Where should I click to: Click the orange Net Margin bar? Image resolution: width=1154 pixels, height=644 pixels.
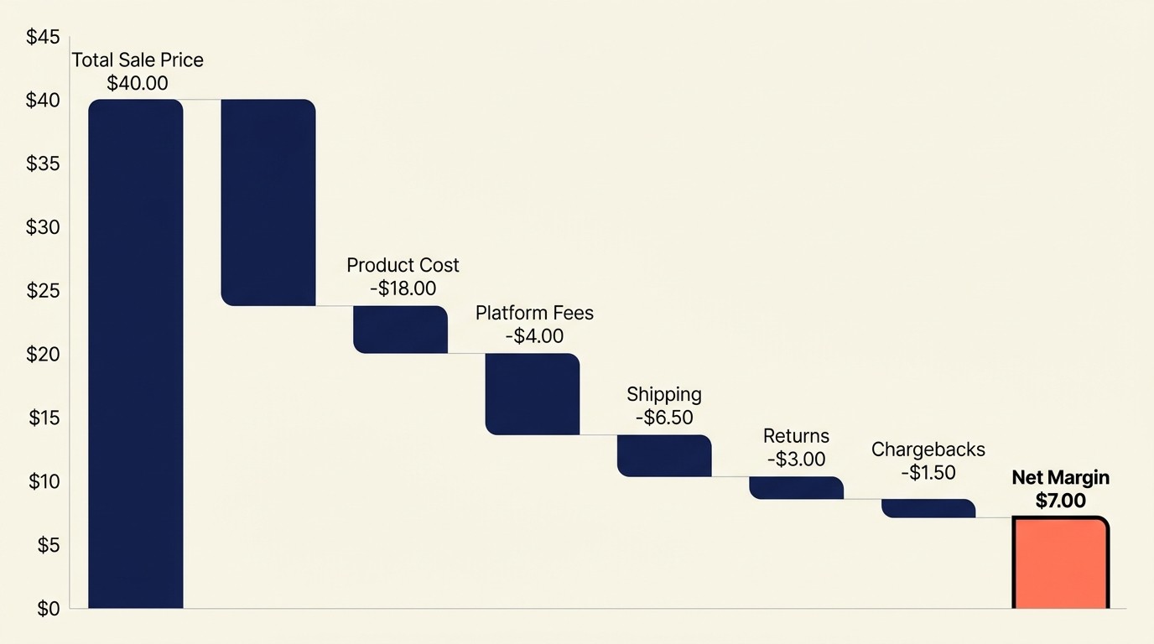(1061, 563)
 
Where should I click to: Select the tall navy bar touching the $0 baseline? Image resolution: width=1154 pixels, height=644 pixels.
(136, 353)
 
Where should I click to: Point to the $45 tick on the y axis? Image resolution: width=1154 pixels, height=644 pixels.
(43, 37)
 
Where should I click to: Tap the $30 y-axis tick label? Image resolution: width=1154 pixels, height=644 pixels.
(43, 227)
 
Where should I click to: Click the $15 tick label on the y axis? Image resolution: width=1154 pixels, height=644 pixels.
(43, 418)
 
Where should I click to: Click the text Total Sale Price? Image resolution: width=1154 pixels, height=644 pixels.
(138, 60)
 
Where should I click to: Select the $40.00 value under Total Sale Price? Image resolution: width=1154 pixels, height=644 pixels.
(138, 83)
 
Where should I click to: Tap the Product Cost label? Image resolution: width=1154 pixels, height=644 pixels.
(403, 265)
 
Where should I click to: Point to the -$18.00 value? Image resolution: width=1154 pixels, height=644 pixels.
(403, 288)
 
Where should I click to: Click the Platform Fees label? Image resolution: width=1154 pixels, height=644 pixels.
(534, 313)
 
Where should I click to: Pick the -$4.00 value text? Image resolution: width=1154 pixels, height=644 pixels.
(534, 336)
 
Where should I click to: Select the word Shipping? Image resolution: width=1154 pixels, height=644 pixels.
(664, 394)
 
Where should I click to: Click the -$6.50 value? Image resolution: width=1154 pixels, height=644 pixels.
(664, 417)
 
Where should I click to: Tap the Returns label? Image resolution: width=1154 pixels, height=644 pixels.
(796, 436)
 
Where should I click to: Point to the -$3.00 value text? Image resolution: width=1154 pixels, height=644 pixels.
(796, 460)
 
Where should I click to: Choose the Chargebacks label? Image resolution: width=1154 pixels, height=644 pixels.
(928, 449)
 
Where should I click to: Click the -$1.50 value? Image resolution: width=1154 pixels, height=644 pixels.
(928, 472)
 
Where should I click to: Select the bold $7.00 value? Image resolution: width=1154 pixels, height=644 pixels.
(1060, 501)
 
